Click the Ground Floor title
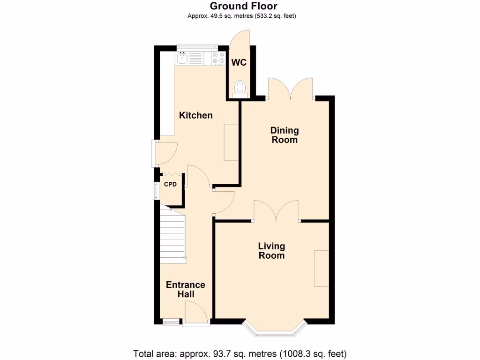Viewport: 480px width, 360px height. coord(243,6)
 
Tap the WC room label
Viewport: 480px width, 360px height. coord(239,63)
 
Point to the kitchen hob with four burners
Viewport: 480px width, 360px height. coord(218,58)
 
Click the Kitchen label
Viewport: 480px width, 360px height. coord(196,115)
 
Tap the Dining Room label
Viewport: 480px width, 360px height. coord(285,135)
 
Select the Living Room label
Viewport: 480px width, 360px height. coord(271,251)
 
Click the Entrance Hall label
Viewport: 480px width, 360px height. coord(186,289)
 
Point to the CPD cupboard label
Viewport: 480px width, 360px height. coord(170,184)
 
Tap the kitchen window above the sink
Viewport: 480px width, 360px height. coord(197,47)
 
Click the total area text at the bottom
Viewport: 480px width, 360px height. coord(240,353)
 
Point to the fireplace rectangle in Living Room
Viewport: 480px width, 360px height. coord(322,268)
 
